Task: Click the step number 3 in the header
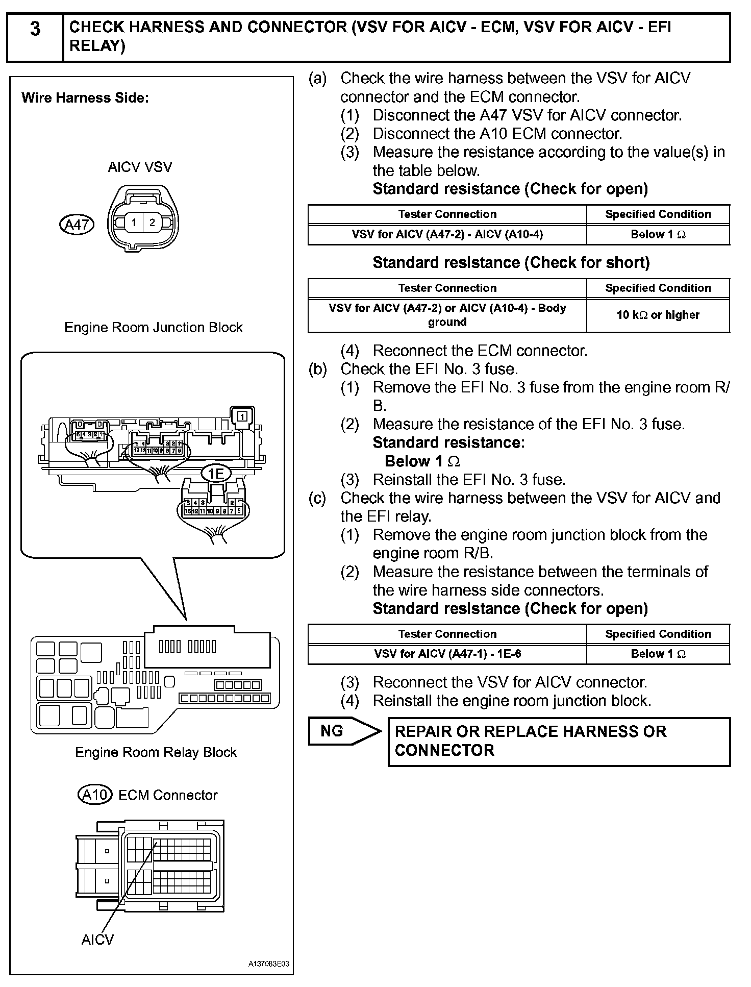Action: [35, 29]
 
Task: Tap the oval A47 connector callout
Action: [77, 225]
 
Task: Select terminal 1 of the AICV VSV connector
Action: [134, 223]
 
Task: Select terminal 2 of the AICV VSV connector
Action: [152, 223]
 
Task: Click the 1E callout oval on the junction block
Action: [216, 474]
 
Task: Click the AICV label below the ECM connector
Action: [97, 940]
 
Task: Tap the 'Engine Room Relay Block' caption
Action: [156, 752]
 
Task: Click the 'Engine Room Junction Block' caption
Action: [153, 327]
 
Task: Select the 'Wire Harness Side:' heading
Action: [85, 98]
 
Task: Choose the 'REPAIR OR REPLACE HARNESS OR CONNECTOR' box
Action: [559, 741]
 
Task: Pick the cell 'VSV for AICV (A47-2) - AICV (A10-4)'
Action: [447, 235]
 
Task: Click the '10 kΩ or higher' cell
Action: [658, 315]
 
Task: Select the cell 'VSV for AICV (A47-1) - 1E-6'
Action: [447, 654]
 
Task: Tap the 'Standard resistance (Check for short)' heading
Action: [511, 263]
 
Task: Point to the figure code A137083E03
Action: [269, 964]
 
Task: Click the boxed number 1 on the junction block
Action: [242, 416]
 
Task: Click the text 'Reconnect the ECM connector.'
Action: [480, 351]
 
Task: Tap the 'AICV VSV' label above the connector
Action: [140, 167]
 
